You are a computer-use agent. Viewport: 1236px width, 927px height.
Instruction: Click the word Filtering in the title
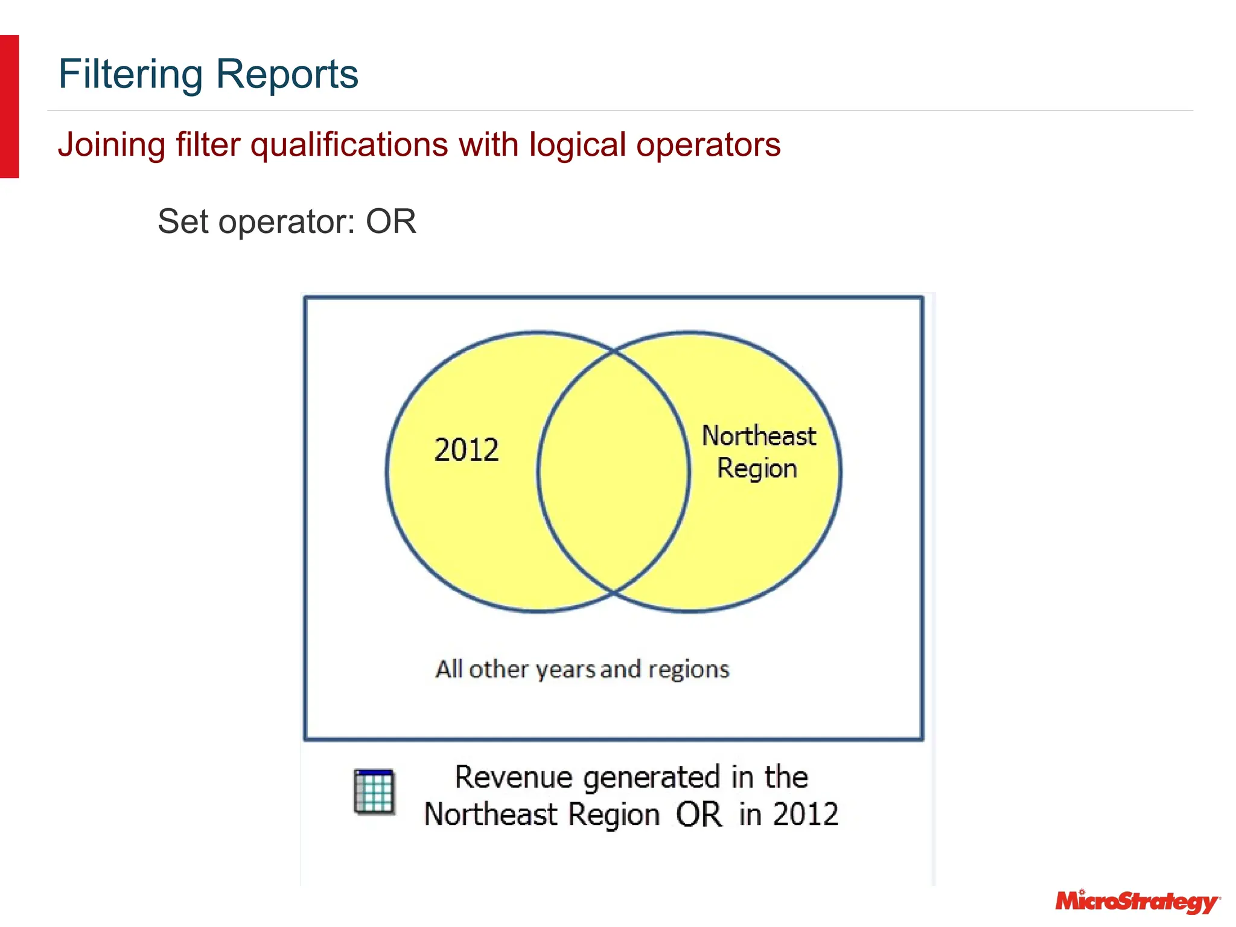[130, 74]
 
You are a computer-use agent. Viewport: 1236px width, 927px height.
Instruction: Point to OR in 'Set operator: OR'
[390, 221]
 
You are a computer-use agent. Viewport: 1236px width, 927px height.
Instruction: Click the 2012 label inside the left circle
[467, 450]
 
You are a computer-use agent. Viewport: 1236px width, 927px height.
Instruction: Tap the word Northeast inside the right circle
[759, 436]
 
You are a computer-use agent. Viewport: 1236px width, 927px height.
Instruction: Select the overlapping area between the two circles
[613, 471]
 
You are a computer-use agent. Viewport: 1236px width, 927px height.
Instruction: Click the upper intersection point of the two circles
[614, 350]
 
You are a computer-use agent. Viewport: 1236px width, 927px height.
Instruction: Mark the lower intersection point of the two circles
[614, 593]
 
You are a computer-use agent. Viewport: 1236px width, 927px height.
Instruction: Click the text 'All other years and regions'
[582, 669]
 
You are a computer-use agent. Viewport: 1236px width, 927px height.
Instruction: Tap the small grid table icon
[374, 792]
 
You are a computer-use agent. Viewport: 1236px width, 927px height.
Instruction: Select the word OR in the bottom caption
[698, 815]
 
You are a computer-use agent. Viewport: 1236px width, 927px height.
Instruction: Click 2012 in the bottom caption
[806, 815]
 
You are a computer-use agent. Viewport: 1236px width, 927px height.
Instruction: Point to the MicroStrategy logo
[1137, 902]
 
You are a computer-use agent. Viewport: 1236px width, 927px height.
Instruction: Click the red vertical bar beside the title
[9, 106]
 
